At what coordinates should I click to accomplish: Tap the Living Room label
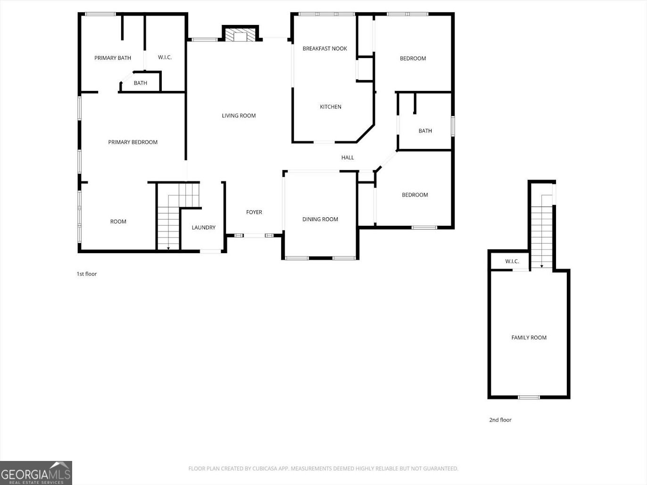coord(239,115)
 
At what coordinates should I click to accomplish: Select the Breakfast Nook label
coord(324,49)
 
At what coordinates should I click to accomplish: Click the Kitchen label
coord(330,107)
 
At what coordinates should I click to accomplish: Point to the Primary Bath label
coord(112,58)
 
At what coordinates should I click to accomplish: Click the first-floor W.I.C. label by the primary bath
coord(165,58)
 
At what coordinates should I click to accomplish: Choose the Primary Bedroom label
coord(133,142)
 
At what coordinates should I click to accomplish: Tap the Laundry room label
coord(203,228)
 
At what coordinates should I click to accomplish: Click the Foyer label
coord(254,212)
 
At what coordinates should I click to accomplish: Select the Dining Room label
coord(320,219)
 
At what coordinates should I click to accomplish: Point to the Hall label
coord(347,158)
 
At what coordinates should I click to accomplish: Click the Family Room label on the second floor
coord(529,337)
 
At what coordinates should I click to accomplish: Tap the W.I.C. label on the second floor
coord(512,262)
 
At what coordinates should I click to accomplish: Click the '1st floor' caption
coord(86,274)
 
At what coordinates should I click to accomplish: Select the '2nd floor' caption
coord(500,420)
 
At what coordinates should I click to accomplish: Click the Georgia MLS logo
coord(36,473)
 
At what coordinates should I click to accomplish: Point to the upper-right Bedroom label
coord(413,58)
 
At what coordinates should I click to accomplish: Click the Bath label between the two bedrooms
coord(425,131)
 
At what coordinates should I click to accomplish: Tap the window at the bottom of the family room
coord(529,397)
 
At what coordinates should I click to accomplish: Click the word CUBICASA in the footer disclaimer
coord(265,469)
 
